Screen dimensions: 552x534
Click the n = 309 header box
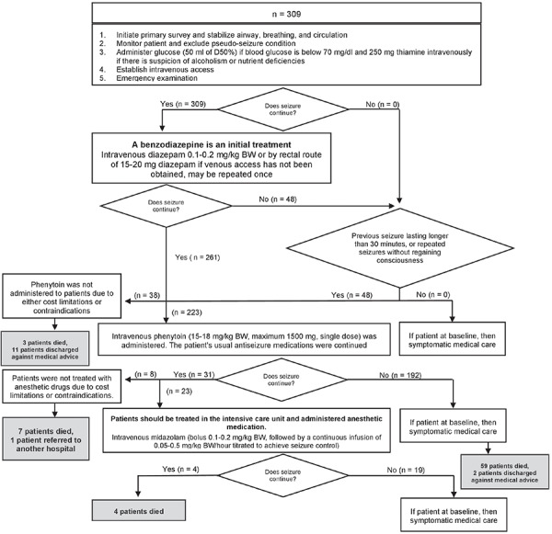click(286, 14)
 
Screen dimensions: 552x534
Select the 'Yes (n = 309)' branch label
click(183, 104)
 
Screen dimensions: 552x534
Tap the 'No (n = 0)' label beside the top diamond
click(383, 104)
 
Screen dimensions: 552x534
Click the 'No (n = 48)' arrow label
click(278, 199)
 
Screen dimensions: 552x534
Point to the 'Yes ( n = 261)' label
click(198, 257)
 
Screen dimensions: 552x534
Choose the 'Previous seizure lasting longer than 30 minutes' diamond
click(400, 248)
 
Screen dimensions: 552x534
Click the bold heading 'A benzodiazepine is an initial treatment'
click(212, 144)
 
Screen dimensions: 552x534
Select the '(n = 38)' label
click(147, 296)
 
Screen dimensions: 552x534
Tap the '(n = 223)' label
click(187, 312)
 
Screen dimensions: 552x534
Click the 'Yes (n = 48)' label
click(351, 295)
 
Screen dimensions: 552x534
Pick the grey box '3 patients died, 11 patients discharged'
click(45, 349)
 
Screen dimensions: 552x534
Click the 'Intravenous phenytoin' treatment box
click(244, 339)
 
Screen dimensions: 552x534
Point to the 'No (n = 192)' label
click(400, 375)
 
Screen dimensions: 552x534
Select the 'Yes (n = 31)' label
click(193, 375)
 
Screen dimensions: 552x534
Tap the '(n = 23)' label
click(178, 392)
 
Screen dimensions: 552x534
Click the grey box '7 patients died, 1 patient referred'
click(46, 439)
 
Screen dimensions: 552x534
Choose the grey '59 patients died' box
click(505, 472)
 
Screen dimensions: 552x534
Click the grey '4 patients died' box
click(139, 511)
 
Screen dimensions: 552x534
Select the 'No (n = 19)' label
click(406, 470)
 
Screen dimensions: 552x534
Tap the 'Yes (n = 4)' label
click(180, 470)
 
